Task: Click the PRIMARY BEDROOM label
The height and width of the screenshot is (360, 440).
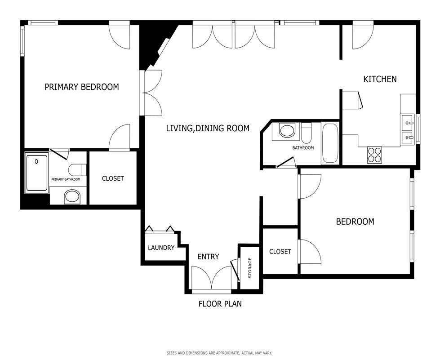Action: coord(82,87)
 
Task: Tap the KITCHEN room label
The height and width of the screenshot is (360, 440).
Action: coord(380,79)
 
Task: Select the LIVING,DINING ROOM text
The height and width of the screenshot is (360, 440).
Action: coord(208,128)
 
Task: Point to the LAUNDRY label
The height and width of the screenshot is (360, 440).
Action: coord(161,248)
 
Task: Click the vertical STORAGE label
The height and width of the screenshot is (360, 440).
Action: coord(250,268)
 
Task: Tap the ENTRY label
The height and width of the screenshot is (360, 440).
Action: coord(208,257)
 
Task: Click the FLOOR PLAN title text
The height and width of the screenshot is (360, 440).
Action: coord(220,304)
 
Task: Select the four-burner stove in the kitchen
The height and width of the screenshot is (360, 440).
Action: coord(374,155)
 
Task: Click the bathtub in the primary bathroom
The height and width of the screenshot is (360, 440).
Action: coord(37,173)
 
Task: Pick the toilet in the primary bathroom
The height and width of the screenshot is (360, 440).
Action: coord(77,169)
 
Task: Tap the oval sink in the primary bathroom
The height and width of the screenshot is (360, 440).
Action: coord(72,197)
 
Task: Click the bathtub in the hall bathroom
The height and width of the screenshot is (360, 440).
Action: coord(330,143)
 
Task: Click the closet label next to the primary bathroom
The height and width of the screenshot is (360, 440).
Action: coord(113,178)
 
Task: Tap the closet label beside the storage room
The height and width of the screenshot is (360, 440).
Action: coord(280,251)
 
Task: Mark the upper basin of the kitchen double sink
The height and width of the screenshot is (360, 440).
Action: coord(408,121)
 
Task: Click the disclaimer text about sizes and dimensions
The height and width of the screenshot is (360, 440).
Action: coord(219,353)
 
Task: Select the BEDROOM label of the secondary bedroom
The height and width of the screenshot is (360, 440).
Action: coord(355,222)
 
